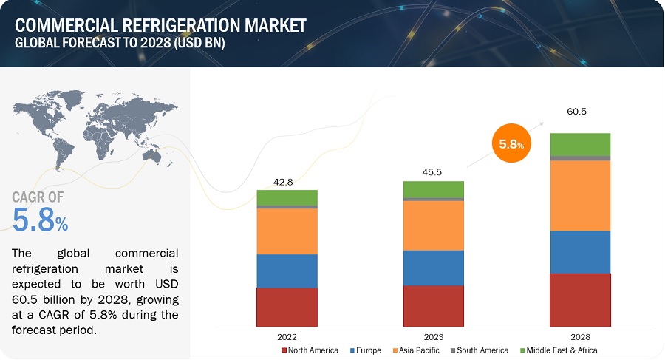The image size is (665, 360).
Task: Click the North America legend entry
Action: (x=310, y=350)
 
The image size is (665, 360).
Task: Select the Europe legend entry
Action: (x=366, y=350)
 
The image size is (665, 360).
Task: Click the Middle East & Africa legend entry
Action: (x=559, y=350)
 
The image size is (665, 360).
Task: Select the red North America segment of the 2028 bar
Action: (x=580, y=299)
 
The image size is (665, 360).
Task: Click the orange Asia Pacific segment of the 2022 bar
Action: (x=287, y=231)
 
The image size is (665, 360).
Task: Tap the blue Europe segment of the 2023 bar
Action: (x=434, y=268)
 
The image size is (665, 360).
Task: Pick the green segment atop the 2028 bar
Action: (x=580, y=144)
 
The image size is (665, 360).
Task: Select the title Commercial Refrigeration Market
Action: (x=160, y=25)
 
